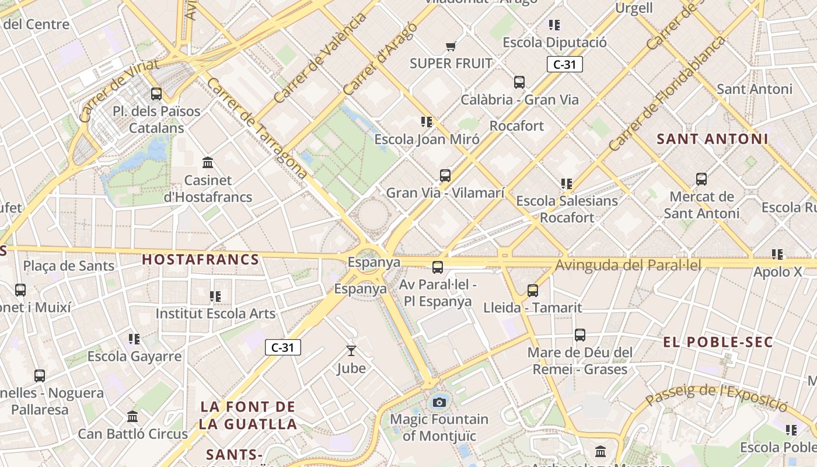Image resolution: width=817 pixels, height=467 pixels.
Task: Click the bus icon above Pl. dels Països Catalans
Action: (x=156, y=93)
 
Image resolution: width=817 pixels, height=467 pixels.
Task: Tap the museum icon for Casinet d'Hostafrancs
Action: (x=207, y=162)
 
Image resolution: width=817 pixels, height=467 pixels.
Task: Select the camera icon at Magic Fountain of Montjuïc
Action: (x=439, y=402)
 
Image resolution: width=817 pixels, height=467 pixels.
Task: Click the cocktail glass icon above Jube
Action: (x=351, y=350)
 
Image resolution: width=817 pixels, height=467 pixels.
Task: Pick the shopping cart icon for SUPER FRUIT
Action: (x=451, y=46)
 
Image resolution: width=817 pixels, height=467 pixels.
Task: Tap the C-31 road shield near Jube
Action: (x=283, y=347)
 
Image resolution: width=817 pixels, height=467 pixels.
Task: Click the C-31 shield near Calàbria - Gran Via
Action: (x=564, y=64)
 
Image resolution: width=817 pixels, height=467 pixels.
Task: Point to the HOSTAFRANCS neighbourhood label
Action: (x=201, y=260)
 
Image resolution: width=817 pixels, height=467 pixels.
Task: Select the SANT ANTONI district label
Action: (x=713, y=139)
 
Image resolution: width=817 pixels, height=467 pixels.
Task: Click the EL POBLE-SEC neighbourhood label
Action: (x=718, y=342)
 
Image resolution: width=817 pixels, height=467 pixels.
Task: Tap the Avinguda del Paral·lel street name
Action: (x=628, y=266)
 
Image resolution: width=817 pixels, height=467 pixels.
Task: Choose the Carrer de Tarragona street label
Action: (x=256, y=128)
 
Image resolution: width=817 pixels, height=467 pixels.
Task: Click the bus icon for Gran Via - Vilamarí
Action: (x=445, y=175)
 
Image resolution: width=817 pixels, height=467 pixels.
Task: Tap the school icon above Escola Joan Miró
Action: (x=427, y=122)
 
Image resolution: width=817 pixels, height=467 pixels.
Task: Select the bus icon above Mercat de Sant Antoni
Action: (x=701, y=179)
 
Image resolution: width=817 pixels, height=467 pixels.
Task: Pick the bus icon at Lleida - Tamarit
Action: (x=532, y=290)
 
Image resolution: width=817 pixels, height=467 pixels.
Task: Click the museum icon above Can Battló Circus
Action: (x=132, y=417)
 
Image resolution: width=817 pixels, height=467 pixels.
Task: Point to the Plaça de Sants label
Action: (x=69, y=266)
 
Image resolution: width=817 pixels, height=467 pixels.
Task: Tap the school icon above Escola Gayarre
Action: (x=134, y=339)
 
